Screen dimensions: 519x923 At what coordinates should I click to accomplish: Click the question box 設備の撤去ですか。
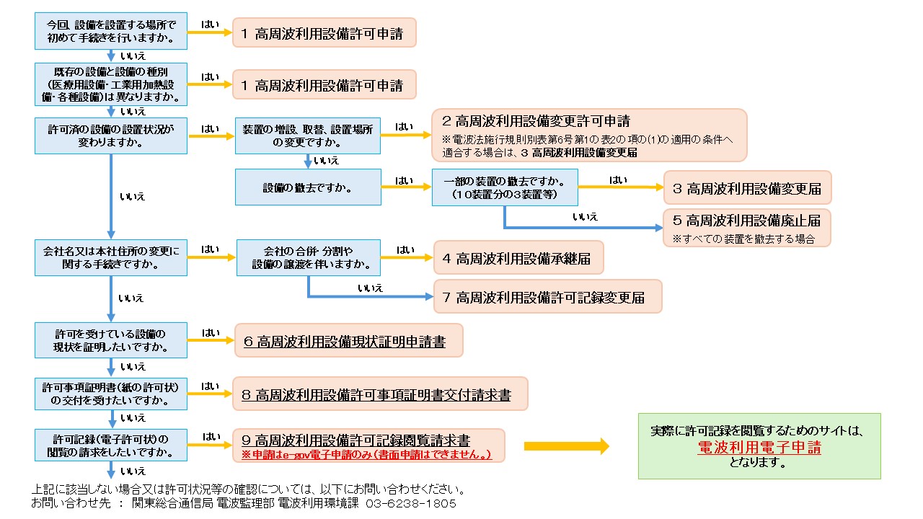pos(308,187)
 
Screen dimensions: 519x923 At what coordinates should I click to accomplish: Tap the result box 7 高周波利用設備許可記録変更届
pos(548,297)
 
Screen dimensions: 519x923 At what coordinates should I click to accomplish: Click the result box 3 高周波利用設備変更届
pos(747,188)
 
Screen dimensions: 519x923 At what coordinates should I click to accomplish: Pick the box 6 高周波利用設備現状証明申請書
pos(349,342)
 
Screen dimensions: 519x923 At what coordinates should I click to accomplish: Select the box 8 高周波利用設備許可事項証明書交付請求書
pos(380,395)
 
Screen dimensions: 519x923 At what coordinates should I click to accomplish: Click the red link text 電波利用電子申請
pos(759,447)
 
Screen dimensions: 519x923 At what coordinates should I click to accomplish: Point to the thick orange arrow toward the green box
pos(567,446)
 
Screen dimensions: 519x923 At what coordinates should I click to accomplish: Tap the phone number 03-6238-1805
pos(411,503)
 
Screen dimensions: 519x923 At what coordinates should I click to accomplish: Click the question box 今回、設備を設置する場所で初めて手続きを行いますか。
pos(111,31)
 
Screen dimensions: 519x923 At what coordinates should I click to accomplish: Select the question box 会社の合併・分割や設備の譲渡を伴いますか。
pos(308,258)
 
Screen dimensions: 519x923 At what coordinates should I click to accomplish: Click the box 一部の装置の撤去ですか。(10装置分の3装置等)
pos(505,187)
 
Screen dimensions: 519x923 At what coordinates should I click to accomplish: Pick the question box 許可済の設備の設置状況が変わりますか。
pos(111,136)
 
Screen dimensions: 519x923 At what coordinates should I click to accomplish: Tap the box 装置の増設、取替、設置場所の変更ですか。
pos(308,136)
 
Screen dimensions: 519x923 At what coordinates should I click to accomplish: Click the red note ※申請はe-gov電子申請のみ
pos(367,455)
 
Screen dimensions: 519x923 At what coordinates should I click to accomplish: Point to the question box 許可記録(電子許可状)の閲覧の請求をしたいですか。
pos(111,446)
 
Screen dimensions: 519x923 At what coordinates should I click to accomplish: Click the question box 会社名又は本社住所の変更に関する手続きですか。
pos(111,258)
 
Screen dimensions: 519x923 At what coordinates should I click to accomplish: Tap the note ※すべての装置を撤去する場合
pos(743,239)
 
